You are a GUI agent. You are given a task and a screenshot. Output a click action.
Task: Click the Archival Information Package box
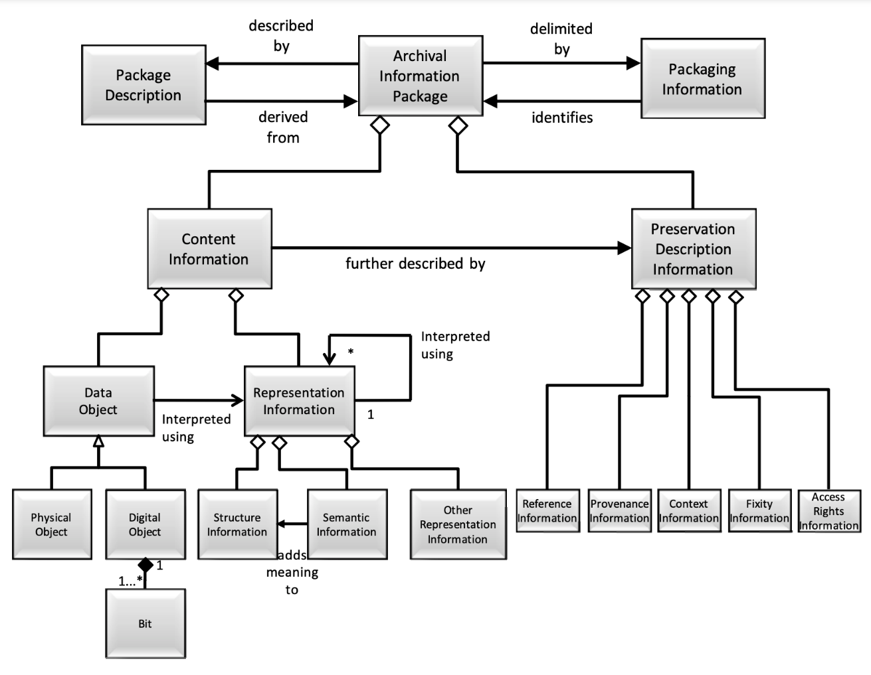point(420,76)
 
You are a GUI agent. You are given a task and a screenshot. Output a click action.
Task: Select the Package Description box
point(143,85)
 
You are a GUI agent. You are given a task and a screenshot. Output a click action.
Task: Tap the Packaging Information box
point(702,79)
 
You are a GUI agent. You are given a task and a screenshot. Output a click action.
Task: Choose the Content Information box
point(209,249)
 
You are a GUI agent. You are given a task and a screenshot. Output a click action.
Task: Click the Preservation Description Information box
point(693,249)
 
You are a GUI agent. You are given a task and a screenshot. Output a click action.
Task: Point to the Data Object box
point(98,401)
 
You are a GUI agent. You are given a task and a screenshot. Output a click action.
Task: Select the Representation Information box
point(299,401)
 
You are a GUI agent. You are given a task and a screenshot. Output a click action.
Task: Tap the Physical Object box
point(51,524)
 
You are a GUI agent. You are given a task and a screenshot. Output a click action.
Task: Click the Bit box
point(145,623)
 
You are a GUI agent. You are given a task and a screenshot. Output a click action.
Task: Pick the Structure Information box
point(237,524)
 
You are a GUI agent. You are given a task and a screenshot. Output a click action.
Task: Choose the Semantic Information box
point(346,524)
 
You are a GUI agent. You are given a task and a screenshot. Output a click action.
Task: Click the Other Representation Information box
point(458,524)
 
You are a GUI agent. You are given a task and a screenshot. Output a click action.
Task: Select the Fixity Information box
point(759,511)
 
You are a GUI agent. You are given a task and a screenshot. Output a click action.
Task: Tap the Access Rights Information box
point(828,511)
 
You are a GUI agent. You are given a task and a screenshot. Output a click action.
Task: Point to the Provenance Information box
point(619,511)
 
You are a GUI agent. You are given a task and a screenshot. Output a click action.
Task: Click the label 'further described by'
point(415,263)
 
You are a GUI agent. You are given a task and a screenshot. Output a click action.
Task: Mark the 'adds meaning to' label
point(292,572)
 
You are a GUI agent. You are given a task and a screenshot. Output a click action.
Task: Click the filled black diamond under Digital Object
point(145,565)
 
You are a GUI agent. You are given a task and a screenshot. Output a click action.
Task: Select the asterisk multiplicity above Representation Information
point(351,352)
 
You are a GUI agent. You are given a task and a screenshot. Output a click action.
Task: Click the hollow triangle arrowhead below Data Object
point(98,441)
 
